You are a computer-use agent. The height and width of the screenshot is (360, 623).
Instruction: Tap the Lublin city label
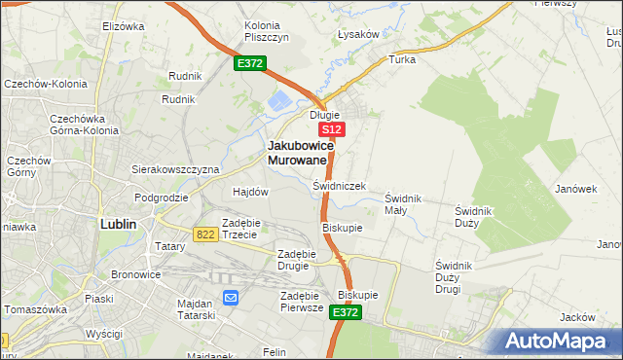tap(118, 223)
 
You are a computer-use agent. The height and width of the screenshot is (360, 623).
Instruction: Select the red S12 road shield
tap(332, 129)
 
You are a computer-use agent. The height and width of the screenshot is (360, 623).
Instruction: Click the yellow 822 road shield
tap(204, 234)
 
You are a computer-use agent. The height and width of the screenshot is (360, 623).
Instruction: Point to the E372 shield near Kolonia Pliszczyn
tap(249, 63)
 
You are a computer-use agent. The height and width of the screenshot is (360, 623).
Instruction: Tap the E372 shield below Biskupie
tap(346, 312)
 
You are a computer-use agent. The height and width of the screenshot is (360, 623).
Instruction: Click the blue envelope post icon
tap(231, 298)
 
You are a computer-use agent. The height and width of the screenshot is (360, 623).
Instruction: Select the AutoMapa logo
tap(560, 342)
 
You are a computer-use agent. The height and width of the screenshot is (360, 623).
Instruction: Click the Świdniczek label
tap(339, 185)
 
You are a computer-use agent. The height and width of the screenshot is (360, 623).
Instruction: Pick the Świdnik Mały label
tap(402, 204)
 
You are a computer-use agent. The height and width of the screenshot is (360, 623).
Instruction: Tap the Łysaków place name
tap(357, 34)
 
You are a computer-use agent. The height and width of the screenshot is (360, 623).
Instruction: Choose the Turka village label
tap(402, 59)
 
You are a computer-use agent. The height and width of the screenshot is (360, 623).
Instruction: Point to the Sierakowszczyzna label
tap(175, 168)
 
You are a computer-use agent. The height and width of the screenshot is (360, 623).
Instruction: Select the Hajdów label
tap(250, 192)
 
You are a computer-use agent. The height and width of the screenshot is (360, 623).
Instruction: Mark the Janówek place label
tap(575, 189)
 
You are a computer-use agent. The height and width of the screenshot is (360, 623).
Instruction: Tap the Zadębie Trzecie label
tap(239, 229)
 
